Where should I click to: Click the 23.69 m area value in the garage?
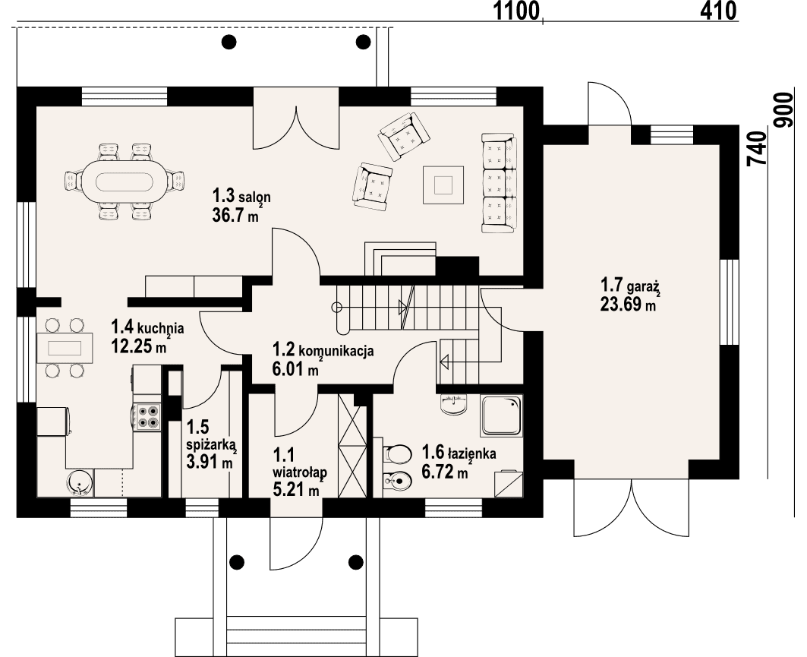627,305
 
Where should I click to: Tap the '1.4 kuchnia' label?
147,328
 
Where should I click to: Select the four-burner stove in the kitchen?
148,415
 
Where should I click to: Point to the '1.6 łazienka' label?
459,453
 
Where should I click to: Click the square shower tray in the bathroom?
501,415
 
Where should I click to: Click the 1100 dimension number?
516,11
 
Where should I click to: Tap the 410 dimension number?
716,11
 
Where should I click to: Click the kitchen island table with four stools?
65,349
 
